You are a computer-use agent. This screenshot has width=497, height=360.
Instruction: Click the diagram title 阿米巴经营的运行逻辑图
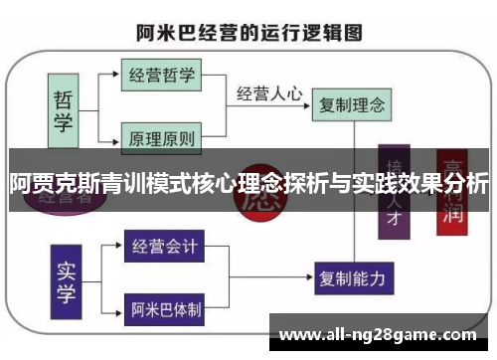point(248,32)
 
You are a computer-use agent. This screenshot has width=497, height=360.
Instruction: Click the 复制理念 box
point(351,102)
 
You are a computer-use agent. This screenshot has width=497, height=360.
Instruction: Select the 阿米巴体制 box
point(163,308)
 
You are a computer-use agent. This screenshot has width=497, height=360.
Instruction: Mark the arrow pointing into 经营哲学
point(115,75)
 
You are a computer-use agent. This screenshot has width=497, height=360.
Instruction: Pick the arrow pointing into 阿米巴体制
point(117,308)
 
